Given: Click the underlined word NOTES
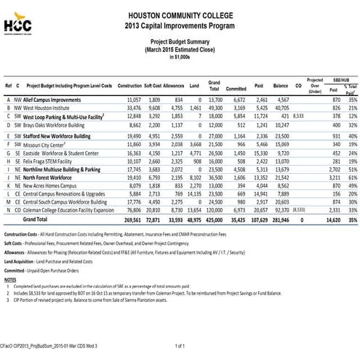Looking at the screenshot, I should click(x=10, y=279).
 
